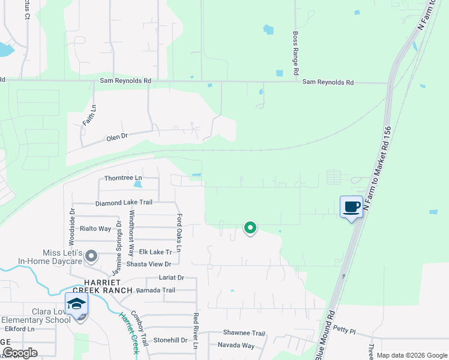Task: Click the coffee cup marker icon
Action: click(352, 207)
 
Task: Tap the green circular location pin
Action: click(250, 228)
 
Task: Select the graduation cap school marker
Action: click(77, 304)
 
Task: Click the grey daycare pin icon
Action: click(91, 256)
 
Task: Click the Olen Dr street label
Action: click(117, 137)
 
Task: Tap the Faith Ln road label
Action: click(94, 115)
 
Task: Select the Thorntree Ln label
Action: click(123, 178)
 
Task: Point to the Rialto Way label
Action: click(96, 229)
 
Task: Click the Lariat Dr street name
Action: click(171, 278)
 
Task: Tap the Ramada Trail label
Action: click(155, 290)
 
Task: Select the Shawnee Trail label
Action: click(244, 333)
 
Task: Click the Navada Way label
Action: click(236, 346)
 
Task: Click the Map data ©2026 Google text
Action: click(412, 355)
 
